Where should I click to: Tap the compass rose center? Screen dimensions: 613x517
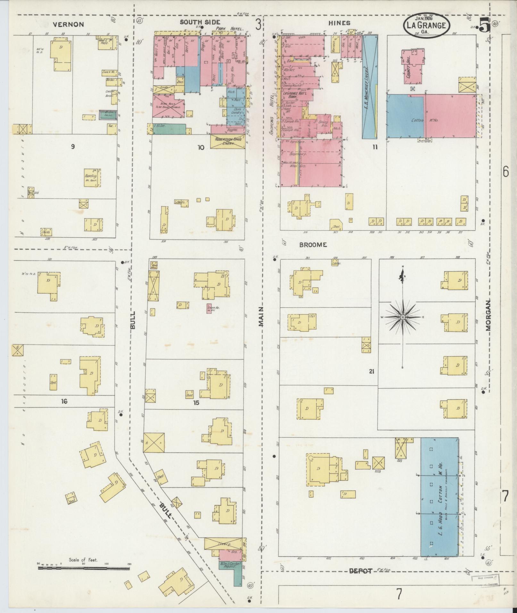tap(402, 317)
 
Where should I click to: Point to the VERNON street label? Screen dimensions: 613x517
tap(68, 24)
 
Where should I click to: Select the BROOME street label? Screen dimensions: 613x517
tap(313, 245)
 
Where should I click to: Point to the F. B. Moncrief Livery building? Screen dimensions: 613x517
tap(370, 87)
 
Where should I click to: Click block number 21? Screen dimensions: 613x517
tap(371, 372)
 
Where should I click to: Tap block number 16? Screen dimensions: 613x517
tap(64, 401)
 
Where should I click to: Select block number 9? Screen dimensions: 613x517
tap(73, 147)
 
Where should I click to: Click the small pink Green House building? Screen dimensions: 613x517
tap(209, 309)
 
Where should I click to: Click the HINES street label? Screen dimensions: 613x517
tap(339, 23)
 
